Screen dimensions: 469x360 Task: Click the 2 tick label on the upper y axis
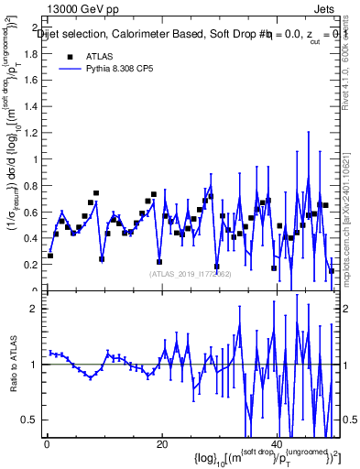[35, 27]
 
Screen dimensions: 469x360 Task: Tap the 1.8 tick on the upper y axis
[31, 53]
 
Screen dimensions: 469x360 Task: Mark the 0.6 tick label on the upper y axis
[31, 213]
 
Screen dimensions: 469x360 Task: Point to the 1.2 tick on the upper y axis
[31, 133]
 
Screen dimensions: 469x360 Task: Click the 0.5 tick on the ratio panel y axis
[31, 420]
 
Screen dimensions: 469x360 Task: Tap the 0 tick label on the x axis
[47, 445]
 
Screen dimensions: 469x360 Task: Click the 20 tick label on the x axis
[161, 445]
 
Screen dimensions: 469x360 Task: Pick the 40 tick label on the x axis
[277, 445]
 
